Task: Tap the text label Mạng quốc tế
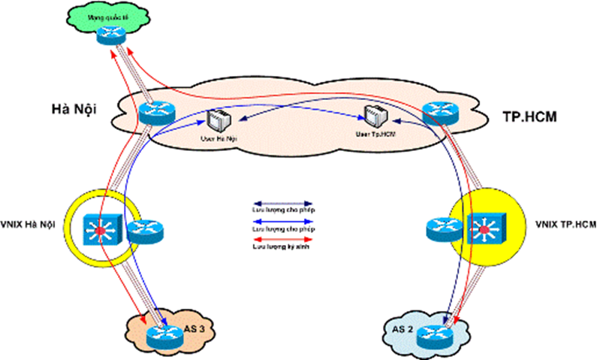point(110,14)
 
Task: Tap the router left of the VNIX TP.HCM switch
point(442,228)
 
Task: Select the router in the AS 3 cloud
point(164,334)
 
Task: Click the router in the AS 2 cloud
point(435,334)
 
